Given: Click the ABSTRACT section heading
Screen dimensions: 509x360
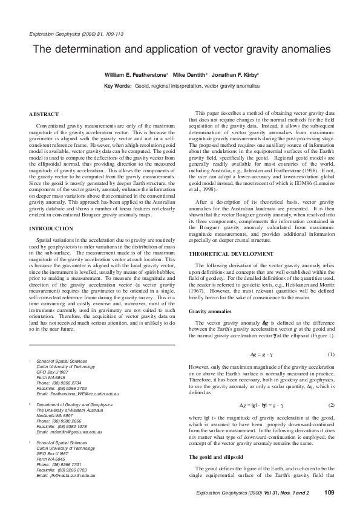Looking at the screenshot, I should pyautogui.click(x=44, y=114).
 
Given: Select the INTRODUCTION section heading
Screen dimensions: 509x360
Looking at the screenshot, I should pyautogui.click(x=51, y=229).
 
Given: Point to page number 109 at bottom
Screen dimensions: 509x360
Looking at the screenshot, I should pyautogui.click(x=329, y=493).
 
